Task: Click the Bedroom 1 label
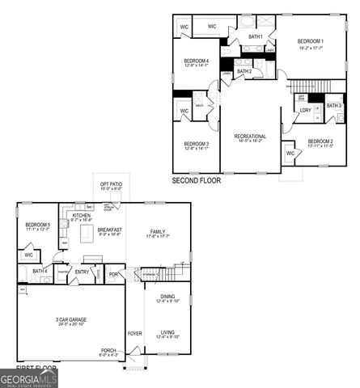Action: click(310, 41)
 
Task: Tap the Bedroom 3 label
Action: click(197, 144)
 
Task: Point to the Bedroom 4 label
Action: click(197, 61)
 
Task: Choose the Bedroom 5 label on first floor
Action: click(37, 225)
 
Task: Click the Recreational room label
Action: click(250, 136)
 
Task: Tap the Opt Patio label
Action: click(112, 184)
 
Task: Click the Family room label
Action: click(157, 231)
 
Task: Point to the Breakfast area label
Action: click(110, 230)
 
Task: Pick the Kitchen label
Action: click(82, 216)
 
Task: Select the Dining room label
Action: click(167, 297)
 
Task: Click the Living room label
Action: click(167, 332)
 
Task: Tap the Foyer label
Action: click(134, 332)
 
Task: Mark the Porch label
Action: click(108, 351)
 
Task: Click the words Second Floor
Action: click(196, 181)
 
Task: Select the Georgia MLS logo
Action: click(29, 377)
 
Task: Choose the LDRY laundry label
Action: click(305, 110)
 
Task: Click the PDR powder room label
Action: click(113, 273)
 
